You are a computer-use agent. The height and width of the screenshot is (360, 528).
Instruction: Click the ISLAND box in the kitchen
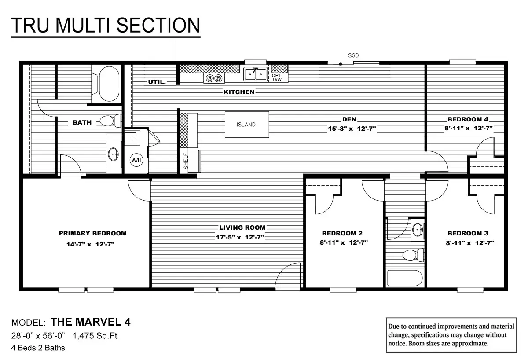(246, 125)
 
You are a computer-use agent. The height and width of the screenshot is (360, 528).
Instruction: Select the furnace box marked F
(132, 139)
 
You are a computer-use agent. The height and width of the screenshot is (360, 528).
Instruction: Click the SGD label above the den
(353, 55)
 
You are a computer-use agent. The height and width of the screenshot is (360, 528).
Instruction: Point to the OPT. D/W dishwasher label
(277, 77)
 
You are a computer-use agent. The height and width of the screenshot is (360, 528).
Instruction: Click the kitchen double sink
(256, 74)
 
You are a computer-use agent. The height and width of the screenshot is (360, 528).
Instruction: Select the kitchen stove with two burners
(214, 78)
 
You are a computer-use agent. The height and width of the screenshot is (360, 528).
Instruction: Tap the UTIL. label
(157, 82)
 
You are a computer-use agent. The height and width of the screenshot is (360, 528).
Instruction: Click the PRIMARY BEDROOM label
(93, 233)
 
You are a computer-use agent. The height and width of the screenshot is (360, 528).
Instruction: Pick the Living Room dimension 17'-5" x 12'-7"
(242, 237)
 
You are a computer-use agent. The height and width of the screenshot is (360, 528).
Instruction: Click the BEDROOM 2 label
(342, 233)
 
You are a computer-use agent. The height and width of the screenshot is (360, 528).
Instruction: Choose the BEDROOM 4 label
(468, 119)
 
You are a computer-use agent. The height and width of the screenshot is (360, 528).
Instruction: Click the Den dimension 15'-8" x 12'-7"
(349, 129)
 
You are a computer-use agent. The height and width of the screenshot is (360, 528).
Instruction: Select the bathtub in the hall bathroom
(404, 279)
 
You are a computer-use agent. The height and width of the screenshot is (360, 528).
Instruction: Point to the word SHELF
(186, 161)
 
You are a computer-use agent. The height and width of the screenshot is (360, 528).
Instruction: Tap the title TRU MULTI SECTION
(106, 26)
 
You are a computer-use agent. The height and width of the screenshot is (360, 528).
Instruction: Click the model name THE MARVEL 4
(90, 322)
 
